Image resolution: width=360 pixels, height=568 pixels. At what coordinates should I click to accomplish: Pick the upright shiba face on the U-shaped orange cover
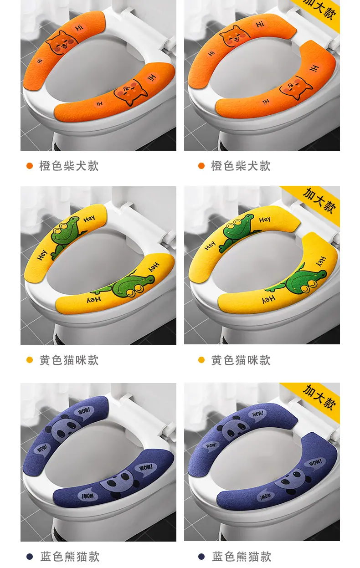(x=234, y=36)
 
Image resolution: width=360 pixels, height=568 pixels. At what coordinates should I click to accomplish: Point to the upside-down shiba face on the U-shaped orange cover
(x=296, y=88)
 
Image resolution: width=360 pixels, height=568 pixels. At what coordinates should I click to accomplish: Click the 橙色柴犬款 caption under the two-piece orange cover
(x=69, y=166)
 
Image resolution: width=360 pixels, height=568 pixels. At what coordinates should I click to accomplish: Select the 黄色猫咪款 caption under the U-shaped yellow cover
(x=241, y=360)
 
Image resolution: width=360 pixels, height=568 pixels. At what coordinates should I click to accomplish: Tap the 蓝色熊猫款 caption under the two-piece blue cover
(x=70, y=556)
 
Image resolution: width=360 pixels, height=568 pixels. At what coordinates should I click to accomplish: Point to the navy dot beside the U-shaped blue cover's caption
(x=201, y=556)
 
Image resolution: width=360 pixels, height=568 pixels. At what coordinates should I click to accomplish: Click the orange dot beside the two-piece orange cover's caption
(x=30, y=166)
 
